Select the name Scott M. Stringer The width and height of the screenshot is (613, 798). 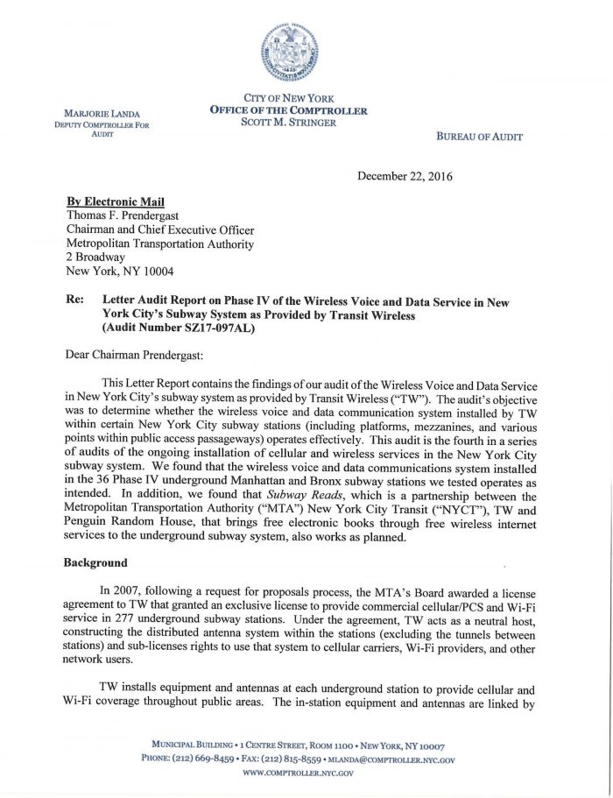tap(288, 122)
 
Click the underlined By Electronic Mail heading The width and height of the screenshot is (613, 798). tap(115, 201)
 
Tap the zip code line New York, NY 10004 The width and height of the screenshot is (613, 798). tap(120, 272)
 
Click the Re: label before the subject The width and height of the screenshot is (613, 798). tap(76, 301)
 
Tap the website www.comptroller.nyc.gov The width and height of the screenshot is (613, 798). tap(297, 773)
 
